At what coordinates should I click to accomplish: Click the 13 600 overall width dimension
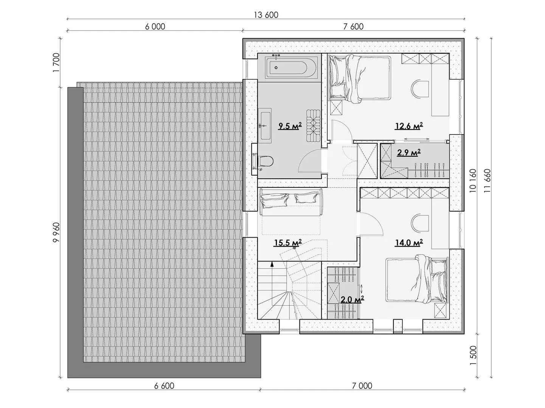[266, 15]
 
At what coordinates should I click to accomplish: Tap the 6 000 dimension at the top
[155, 26]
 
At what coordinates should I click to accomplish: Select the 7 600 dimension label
[353, 26]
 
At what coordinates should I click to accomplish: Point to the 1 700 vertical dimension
[56, 62]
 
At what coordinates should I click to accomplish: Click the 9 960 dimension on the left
[56, 232]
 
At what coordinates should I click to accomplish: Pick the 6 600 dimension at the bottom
[164, 386]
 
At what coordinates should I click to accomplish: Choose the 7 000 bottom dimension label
[362, 386]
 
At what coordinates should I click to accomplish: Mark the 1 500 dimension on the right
[474, 355]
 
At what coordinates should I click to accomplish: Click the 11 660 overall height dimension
[488, 181]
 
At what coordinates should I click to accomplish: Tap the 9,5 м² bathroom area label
[290, 126]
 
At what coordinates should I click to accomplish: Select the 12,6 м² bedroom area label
[409, 126]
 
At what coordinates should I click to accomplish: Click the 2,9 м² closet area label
[409, 152]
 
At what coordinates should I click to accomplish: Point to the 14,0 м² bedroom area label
[409, 243]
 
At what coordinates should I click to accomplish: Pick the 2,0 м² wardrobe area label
[352, 299]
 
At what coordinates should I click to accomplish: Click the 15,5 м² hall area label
[287, 243]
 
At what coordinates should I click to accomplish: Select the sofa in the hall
[291, 202]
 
